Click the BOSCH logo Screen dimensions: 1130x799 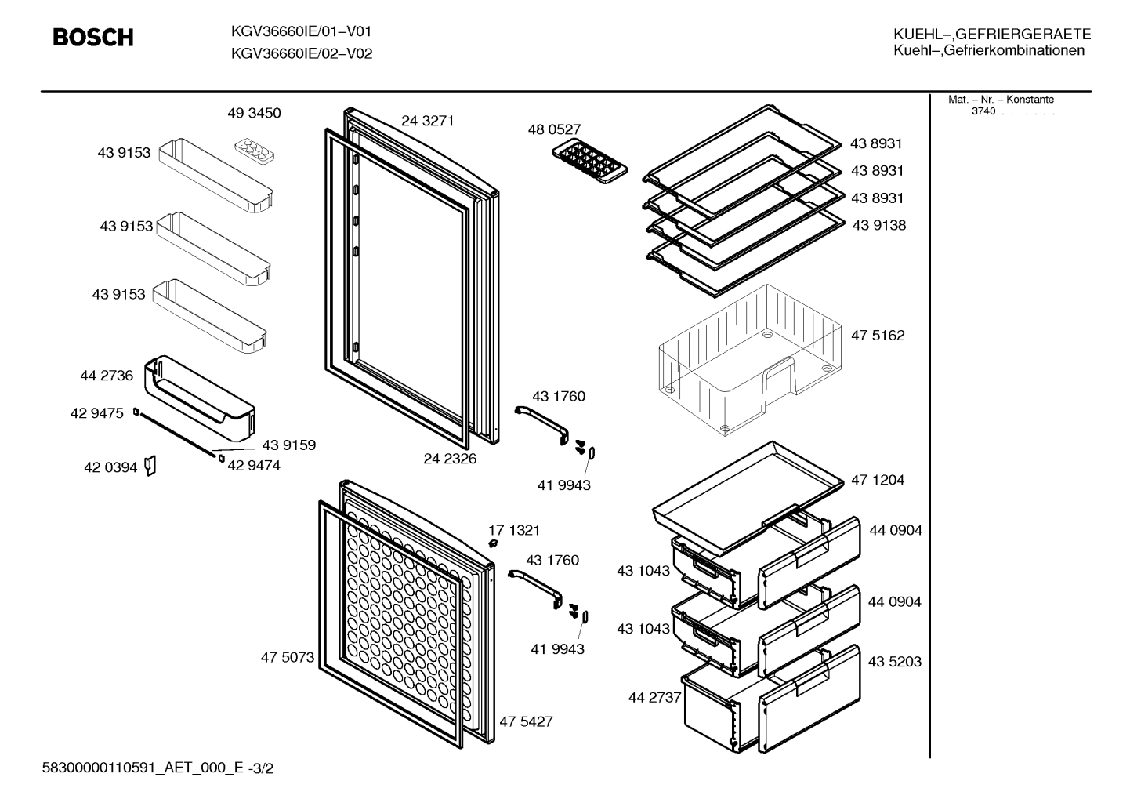[x=93, y=38]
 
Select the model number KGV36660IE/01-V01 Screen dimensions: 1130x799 [x=301, y=31]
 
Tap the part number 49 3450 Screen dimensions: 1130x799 [x=254, y=113]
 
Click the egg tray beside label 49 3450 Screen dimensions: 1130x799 [x=255, y=152]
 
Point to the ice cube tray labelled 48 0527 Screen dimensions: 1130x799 [x=590, y=161]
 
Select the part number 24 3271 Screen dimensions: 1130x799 [x=427, y=121]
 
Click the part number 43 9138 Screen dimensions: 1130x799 [x=879, y=225]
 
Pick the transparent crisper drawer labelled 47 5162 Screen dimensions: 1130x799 [x=750, y=359]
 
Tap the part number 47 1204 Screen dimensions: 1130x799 [x=878, y=480]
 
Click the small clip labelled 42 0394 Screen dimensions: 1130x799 [x=150, y=466]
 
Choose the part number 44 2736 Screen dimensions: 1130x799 [x=107, y=376]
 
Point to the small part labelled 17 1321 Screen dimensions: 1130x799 [x=493, y=543]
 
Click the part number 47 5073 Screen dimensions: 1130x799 [x=287, y=657]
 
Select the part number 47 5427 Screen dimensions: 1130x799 [x=526, y=721]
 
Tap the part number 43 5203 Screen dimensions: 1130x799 [x=894, y=661]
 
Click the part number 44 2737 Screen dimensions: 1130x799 [x=655, y=697]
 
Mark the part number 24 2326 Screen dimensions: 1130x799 [x=450, y=458]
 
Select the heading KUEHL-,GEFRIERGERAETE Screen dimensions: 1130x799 [x=992, y=34]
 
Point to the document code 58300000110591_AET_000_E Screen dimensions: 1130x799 [x=143, y=768]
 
